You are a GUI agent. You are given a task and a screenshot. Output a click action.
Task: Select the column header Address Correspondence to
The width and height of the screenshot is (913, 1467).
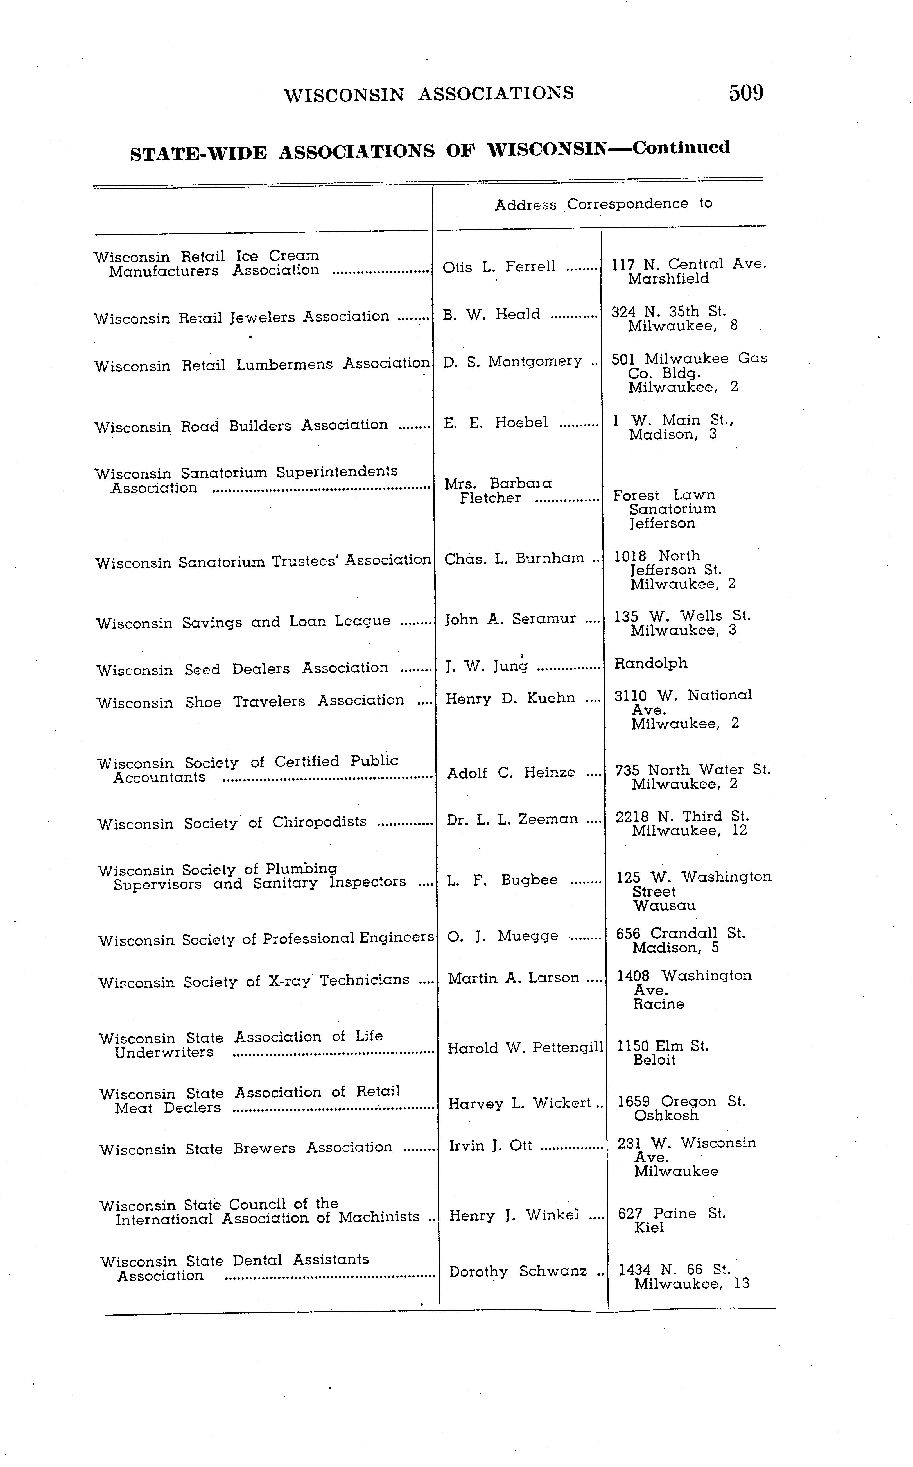[x=603, y=204]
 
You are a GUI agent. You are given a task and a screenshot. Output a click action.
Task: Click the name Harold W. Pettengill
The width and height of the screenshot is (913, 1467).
[x=525, y=1048]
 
